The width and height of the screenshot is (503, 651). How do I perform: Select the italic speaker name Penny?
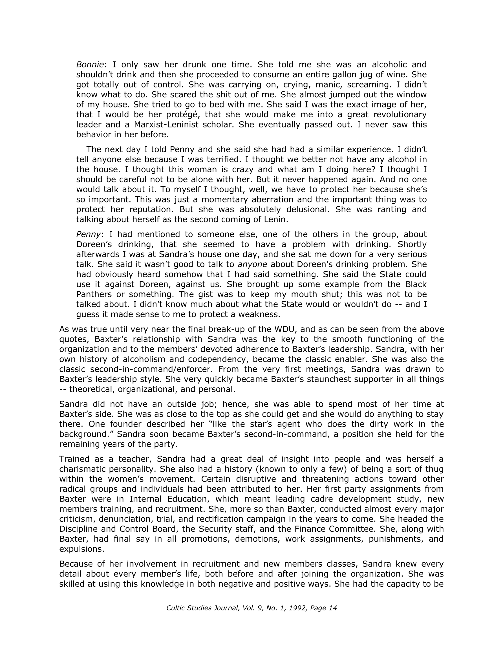tap(88, 234)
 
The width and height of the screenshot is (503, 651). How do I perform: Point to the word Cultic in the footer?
tap(176, 608)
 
